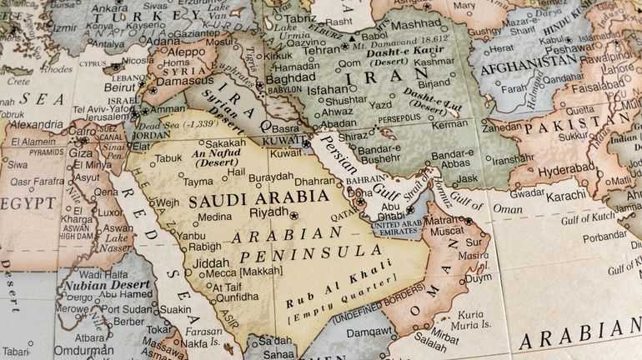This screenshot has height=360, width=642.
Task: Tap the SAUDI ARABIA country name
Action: pyautogui.click(x=258, y=200)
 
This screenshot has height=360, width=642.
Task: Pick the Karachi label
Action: pyautogui.click(x=567, y=196)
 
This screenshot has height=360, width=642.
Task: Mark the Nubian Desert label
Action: pyautogui.click(x=99, y=285)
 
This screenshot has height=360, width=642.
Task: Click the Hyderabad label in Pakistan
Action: pyautogui.click(x=567, y=167)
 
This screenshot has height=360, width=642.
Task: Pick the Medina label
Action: pyautogui.click(x=214, y=217)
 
